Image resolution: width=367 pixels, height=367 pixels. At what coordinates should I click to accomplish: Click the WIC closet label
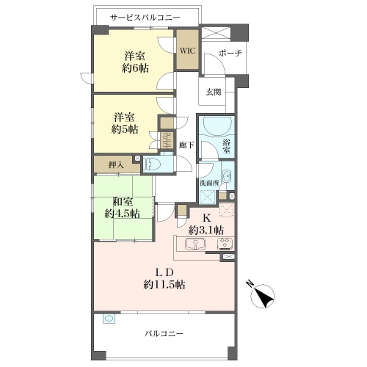click(x=188, y=51)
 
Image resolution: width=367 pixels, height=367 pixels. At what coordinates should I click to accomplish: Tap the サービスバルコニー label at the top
click(x=145, y=18)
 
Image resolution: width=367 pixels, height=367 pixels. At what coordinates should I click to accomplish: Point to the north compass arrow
click(x=263, y=296)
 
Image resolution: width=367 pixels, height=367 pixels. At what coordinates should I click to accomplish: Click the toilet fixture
click(x=151, y=164)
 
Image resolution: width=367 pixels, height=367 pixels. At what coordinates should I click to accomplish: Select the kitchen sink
click(x=195, y=244)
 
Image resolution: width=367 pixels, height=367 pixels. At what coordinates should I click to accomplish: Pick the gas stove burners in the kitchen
click(x=225, y=244)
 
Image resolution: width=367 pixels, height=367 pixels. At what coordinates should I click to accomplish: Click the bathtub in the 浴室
click(x=216, y=126)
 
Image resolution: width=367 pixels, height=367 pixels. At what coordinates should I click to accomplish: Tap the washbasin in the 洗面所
click(x=227, y=176)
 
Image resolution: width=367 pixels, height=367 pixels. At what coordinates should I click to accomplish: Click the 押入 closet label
click(x=116, y=165)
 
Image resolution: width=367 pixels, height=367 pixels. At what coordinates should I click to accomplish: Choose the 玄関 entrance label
click(x=214, y=92)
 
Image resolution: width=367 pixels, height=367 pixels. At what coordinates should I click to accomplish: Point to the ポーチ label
click(x=230, y=53)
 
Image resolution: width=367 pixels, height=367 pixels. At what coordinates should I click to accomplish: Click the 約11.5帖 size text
click(x=164, y=285)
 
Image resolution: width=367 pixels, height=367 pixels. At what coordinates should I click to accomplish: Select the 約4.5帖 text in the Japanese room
click(x=123, y=214)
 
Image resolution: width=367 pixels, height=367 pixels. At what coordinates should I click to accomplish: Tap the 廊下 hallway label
click(x=186, y=145)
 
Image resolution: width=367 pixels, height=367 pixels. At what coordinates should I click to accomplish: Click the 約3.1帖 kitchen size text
click(x=206, y=230)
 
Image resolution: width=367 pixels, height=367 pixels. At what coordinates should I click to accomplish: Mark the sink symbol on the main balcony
click(x=109, y=319)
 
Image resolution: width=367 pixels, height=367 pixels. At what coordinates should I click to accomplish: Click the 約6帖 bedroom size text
click(x=135, y=68)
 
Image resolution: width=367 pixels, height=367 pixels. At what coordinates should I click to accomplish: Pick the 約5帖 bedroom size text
click(x=125, y=129)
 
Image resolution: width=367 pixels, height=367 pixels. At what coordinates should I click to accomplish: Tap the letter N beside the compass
click(x=250, y=284)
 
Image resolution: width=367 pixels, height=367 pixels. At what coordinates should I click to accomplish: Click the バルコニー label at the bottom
click(x=164, y=334)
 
